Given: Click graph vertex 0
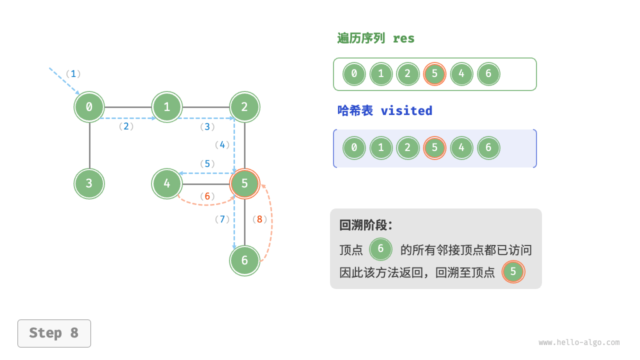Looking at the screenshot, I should pos(89,106).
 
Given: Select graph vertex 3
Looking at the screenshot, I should pos(89,183).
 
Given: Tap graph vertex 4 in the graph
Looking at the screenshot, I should pos(167,183).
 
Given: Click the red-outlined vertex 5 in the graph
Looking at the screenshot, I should pos(244,183).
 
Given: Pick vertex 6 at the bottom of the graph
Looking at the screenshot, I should pos(244,260).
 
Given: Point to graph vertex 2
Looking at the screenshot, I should pos(244,106).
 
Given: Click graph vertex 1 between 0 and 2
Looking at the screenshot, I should pos(167,106).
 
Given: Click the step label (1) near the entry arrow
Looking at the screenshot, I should pos(73,74).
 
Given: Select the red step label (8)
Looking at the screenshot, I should pos(259,219).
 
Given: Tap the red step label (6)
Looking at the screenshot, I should pos(207,196).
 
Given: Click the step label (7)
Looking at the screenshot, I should pos(222,219).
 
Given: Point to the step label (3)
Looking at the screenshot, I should pos(207,127).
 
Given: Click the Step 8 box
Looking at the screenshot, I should pos(54,333).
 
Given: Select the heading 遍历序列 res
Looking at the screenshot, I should pos(375,38).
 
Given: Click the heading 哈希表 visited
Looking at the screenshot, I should pos(384,110).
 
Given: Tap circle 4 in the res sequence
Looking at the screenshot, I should pos(461,74).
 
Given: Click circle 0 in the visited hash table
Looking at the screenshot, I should pos(354,148).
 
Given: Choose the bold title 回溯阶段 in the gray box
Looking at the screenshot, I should pos(365,225).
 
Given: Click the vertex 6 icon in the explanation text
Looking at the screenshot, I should pos(381,249).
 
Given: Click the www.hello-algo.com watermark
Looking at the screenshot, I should pos(579,342).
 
